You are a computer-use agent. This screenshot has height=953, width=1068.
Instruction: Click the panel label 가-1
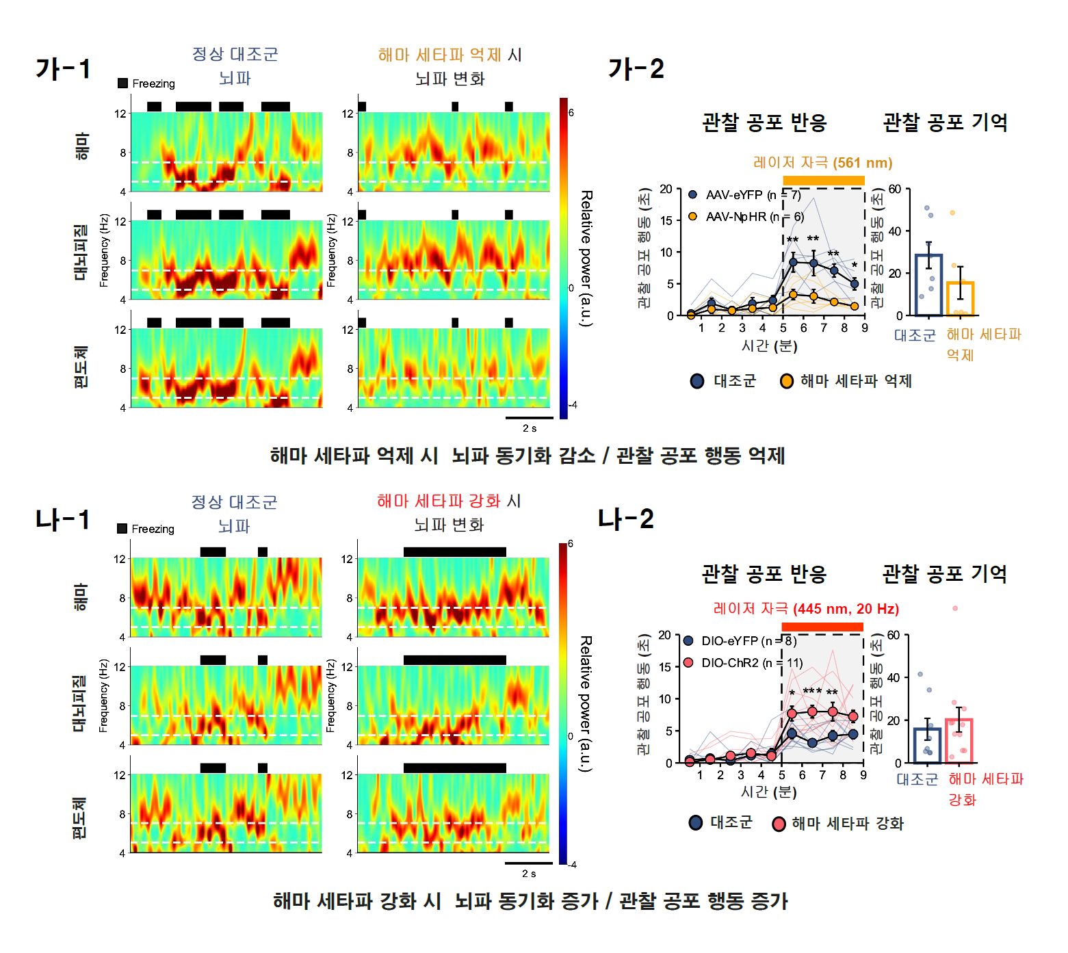pos(62,69)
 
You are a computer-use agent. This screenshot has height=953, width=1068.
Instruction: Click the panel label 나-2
pos(625,519)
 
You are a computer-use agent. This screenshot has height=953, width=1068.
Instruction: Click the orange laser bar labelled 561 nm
pos(823,181)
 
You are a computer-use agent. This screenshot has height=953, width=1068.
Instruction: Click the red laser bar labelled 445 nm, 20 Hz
pos(822,627)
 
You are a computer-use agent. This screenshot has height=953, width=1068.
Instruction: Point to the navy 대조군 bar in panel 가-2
pos(928,285)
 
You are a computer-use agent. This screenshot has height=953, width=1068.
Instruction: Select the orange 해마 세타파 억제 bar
pos(961,298)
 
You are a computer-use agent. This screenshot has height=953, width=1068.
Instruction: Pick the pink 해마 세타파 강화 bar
pos(959,740)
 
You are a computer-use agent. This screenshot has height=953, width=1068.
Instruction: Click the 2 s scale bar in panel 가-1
pos(529,417)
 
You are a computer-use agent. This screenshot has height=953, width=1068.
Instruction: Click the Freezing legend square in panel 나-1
pos(122,529)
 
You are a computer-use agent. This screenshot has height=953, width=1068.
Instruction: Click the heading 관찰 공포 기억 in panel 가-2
pos(945,123)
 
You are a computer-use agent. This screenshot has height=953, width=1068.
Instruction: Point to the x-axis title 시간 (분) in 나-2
pos(768,792)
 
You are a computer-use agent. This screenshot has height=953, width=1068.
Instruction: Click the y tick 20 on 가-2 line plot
pos(666,189)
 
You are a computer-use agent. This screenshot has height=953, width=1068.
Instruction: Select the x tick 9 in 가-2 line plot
pos(865,328)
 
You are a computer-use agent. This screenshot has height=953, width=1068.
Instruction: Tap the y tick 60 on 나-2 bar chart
pos(894,635)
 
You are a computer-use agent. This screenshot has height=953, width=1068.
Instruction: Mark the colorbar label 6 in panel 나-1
pos(571,544)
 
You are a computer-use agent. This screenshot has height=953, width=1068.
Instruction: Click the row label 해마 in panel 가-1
pos(81,146)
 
